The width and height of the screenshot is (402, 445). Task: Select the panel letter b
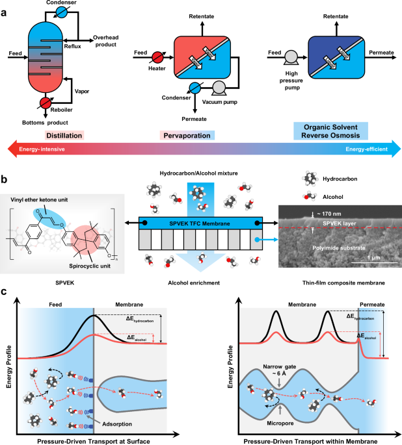(5, 179)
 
